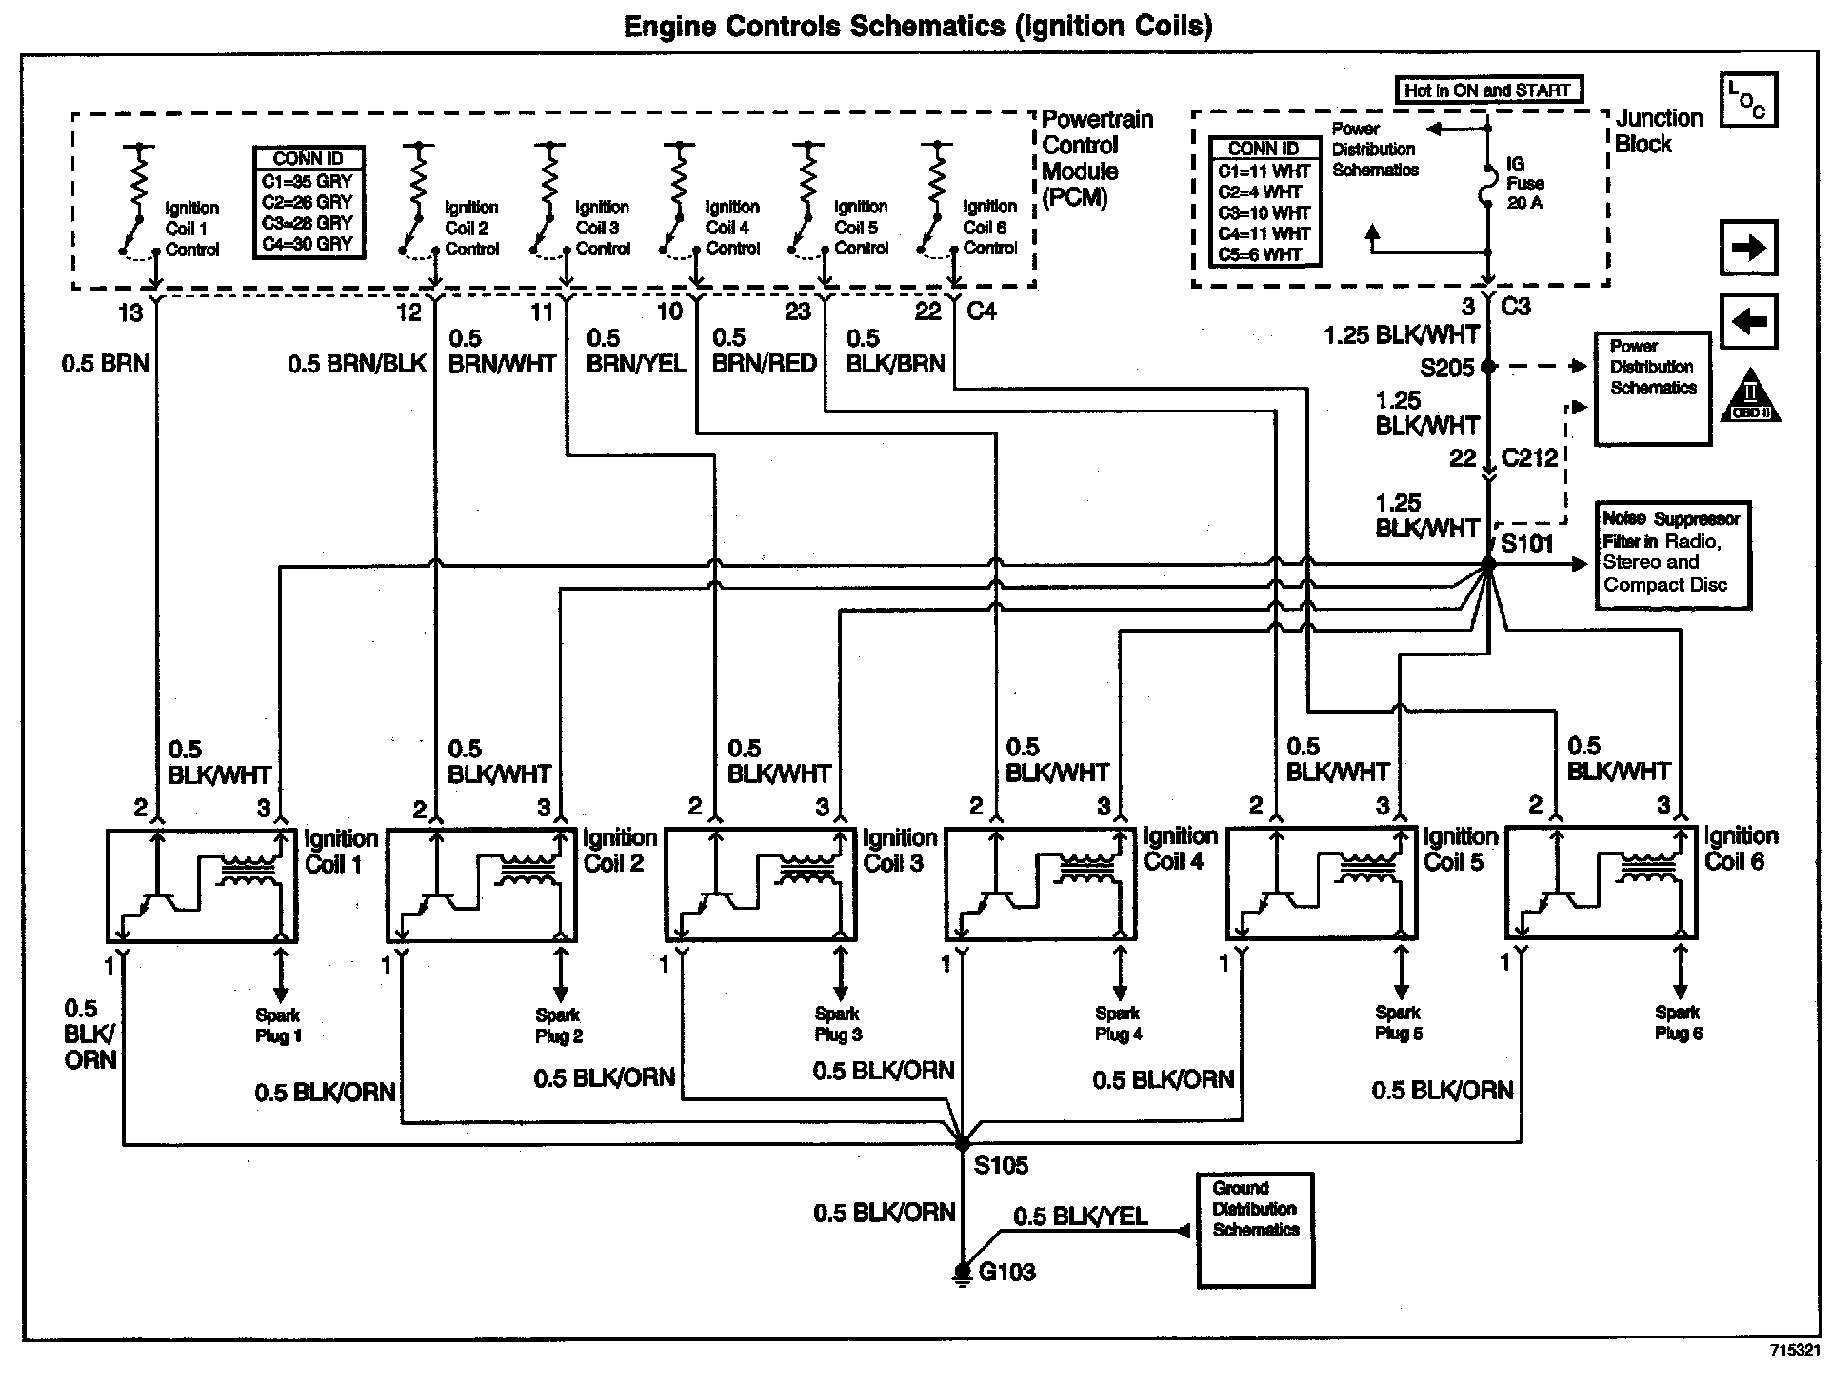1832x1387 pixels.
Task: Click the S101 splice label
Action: coord(1526,544)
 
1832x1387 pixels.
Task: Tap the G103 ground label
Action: coord(1006,1272)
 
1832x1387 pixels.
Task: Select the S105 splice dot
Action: coord(963,1142)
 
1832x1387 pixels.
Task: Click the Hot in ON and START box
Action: coord(1487,90)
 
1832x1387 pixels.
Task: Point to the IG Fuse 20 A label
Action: coord(1524,183)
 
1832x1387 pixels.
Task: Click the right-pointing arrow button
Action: coord(1749,248)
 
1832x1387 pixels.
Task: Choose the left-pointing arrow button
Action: coord(1749,321)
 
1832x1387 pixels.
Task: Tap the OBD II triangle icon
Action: coord(1750,396)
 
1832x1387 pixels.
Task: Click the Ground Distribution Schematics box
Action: coord(1255,1229)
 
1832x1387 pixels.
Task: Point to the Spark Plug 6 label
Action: coord(1678,1023)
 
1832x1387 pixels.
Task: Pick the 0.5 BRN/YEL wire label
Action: coord(635,351)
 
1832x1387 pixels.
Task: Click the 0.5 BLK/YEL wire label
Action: coord(1080,1216)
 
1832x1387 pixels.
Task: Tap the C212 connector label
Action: coord(1529,458)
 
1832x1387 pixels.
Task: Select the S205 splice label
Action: coord(1446,368)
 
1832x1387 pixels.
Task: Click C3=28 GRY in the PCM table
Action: coord(309,223)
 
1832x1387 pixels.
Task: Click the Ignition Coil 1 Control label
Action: coord(191,229)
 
